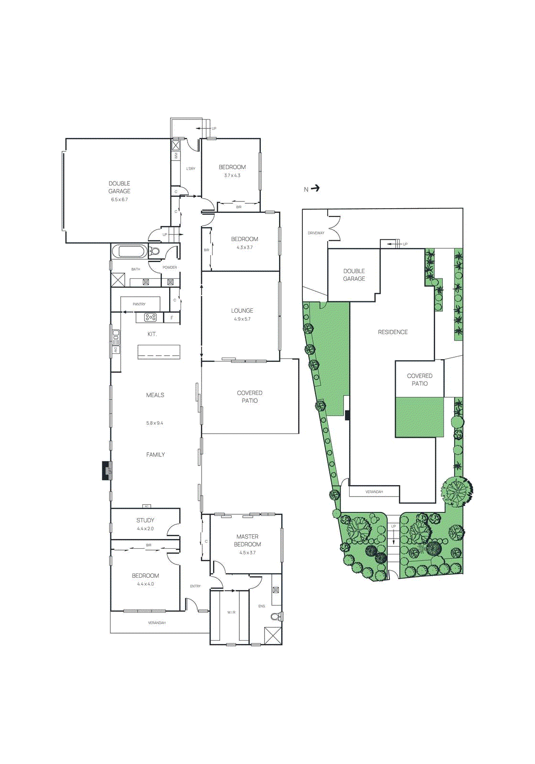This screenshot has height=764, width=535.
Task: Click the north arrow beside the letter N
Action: [x=315, y=188]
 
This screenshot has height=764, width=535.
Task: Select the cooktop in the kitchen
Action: [x=150, y=317]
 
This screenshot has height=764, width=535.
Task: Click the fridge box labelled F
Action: [x=172, y=318]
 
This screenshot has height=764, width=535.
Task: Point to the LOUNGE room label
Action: [x=242, y=310]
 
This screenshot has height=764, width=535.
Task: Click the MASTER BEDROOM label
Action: [x=247, y=541]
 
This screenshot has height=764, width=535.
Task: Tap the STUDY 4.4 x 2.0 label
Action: [x=145, y=524]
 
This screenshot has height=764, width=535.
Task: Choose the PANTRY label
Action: [x=139, y=304]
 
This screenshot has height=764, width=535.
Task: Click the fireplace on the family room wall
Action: [x=107, y=470]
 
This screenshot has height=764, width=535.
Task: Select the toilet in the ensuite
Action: [x=276, y=616]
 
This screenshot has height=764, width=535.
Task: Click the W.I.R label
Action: [x=231, y=612]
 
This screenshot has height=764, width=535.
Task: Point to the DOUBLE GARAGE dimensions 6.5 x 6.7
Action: [x=119, y=200]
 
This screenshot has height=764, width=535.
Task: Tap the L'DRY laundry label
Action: [x=191, y=169]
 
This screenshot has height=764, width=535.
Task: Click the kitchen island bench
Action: [x=159, y=352]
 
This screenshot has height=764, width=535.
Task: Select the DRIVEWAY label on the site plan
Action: [x=316, y=233]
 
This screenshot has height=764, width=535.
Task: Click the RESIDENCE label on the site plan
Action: [x=393, y=332]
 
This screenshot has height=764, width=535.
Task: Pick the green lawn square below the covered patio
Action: [x=419, y=417]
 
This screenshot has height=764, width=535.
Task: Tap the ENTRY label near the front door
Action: [x=195, y=586]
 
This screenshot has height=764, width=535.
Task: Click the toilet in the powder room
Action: [x=155, y=252]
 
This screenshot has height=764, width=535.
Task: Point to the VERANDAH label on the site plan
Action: [x=374, y=492]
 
